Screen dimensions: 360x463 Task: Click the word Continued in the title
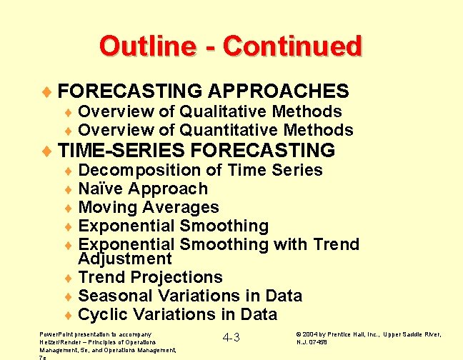(292, 46)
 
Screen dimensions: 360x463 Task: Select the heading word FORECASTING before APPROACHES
(131, 91)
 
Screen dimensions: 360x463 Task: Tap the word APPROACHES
(279, 91)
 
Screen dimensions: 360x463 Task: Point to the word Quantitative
(234, 130)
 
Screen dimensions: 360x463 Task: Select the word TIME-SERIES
(122, 151)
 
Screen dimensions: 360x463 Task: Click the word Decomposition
(140, 170)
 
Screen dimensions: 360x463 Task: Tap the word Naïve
(101, 189)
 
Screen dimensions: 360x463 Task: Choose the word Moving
(106, 207)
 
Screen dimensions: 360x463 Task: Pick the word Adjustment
(125, 259)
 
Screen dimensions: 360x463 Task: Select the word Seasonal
(112, 296)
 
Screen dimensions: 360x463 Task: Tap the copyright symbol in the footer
(298, 334)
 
